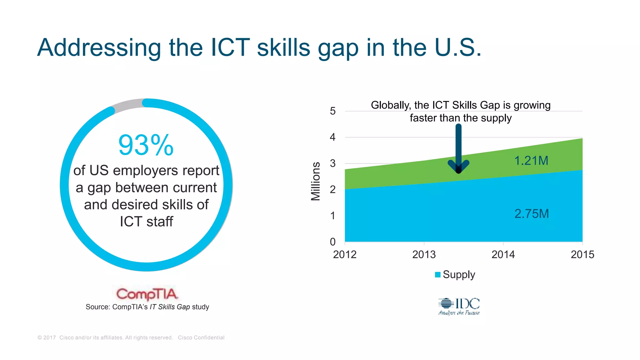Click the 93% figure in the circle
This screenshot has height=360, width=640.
tap(146, 145)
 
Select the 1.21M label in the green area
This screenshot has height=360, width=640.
tap(531, 161)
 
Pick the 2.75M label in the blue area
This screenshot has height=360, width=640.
tap(532, 214)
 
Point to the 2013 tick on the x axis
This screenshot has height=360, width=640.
tap(424, 254)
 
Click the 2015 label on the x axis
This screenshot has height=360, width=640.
tap(582, 254)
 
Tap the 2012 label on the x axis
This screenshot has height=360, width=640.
tap(345, 254)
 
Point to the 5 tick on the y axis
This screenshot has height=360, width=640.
tap(333, 111)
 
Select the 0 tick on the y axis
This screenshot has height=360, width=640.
tap(333, 242)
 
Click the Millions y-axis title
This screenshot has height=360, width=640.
tap(316, 181)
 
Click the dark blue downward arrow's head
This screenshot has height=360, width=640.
tap(458, 167)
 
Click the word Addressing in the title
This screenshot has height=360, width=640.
tap(99, 47)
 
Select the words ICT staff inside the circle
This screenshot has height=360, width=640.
tap(146, 222)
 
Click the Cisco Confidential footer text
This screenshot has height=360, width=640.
tap(201, 337)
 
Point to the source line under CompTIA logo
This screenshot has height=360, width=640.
tap(147, 307)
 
